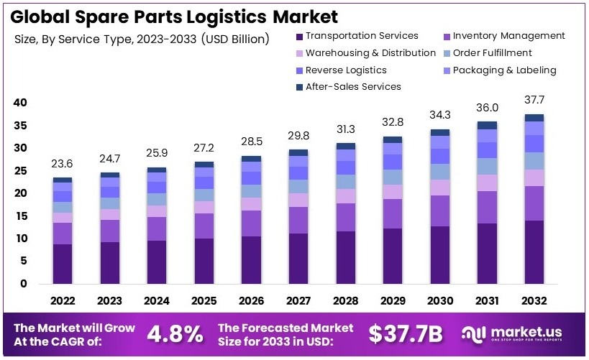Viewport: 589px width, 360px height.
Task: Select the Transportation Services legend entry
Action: coord(361,36)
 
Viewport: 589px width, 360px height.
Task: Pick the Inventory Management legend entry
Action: coord(508,36)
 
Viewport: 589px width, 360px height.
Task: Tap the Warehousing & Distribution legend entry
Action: coord(370,53)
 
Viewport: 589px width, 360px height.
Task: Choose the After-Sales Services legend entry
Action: coord(352,87)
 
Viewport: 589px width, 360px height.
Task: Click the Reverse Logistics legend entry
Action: coord(345,70)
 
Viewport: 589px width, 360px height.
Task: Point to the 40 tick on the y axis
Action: coord(20,103)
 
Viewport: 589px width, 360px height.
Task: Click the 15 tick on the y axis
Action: coord(20,216)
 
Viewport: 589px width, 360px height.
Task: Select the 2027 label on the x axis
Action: coord(299,300)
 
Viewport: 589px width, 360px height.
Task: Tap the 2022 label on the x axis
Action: coord(63,300)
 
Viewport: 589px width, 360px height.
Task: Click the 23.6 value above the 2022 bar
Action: coord(63,162)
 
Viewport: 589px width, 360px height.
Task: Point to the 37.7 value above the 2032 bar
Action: coord(534,99)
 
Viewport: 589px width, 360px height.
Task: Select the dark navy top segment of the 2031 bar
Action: coord(487,125)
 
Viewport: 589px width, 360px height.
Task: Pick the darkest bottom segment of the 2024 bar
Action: coord(157,262)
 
